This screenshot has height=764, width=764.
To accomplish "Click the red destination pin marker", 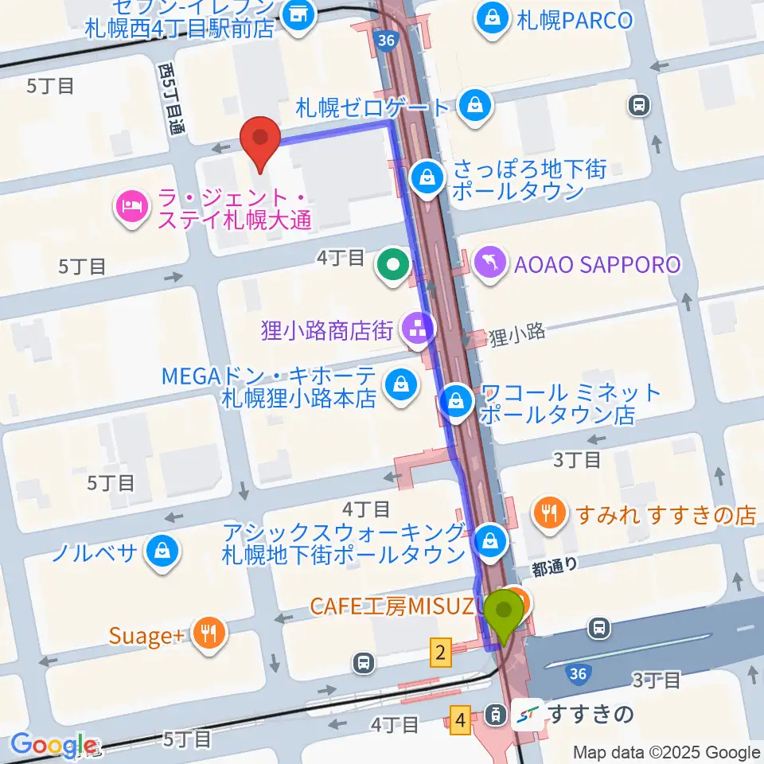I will [260, 140].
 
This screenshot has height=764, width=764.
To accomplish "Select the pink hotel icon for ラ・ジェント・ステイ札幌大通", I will [130, 208].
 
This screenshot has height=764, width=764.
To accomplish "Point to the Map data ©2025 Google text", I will [667, 752].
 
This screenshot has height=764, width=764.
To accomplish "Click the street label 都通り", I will [555, 564].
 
